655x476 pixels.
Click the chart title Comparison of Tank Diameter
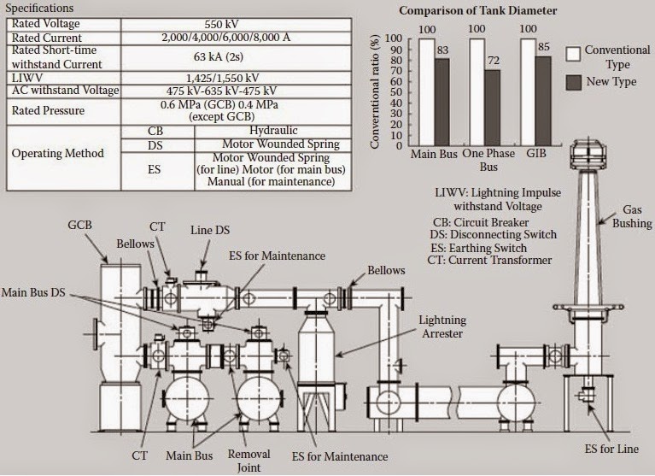(x=479, y=11)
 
